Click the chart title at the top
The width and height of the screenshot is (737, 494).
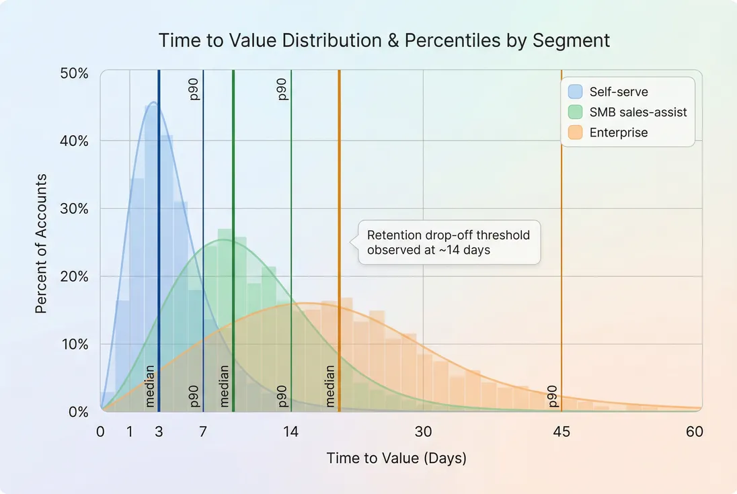(x=384, y=40)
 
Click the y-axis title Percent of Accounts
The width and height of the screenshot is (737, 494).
(x=41, y=243)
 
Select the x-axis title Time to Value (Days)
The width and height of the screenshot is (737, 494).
(x=396, y=458)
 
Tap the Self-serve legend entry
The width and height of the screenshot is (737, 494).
(x=618, y=91)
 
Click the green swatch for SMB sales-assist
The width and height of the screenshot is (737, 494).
(x=575, y=112)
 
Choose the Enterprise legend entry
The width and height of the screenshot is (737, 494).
(x=618, y=132)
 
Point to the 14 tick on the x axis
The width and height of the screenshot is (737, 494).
(x=290, y=431)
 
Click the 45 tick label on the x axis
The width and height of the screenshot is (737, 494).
(x=561, y=431)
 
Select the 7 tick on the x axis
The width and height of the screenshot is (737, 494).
(x=203, y=431)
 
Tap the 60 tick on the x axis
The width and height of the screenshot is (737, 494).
(x=695, y=431)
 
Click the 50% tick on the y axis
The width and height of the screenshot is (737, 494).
(x=75, y=73)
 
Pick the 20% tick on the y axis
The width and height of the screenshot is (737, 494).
(x=75, y=276)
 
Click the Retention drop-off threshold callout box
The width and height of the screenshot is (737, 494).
(x=449, y=242)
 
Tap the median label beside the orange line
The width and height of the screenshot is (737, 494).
(x=330, y=386)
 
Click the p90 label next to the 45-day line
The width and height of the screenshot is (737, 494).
(x=553, y=396)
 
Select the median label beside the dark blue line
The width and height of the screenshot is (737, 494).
(x=150, y=386)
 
